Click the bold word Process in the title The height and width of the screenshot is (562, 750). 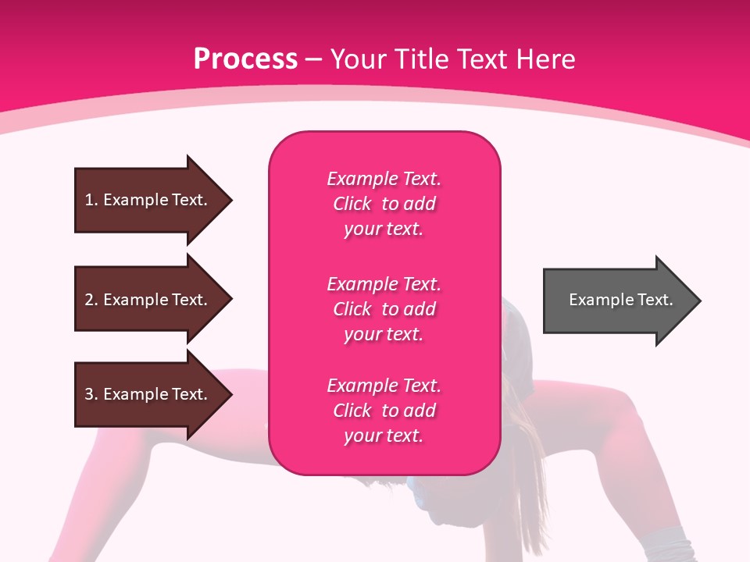coord(245,59)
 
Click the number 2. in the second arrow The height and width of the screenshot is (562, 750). coord(91,300)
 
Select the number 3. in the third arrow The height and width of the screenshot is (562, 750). coord(91,394)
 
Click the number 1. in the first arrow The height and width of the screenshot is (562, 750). coord(91,200)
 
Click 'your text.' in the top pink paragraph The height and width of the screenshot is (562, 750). coord(384,229)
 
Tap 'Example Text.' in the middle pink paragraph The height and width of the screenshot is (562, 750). coord(384,284)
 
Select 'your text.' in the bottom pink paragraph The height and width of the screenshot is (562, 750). coord(384,436)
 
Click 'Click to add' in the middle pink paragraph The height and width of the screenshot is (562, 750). coord(384,309)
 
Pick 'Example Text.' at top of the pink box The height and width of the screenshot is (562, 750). coord(384,179)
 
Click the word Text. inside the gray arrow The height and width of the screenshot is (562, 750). coord(654,300)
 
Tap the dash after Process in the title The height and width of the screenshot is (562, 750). coord(313,59)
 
